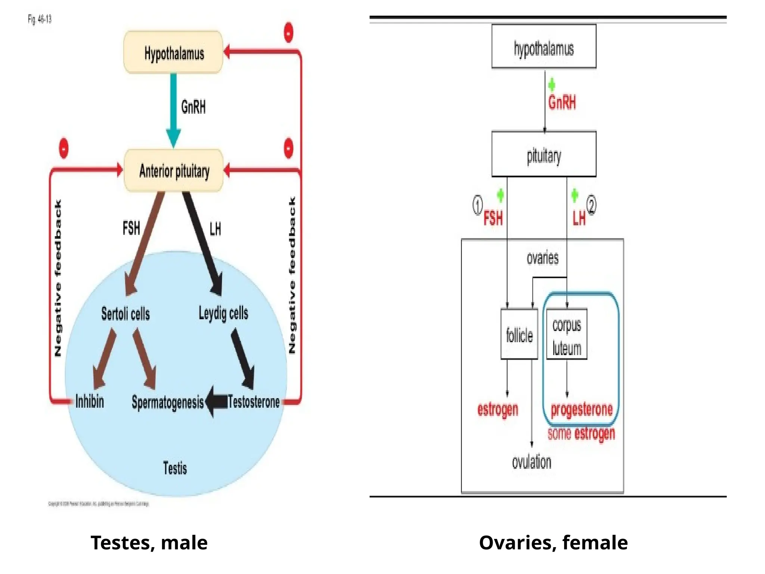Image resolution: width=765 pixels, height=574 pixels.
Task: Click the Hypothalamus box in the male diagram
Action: pos(173,53)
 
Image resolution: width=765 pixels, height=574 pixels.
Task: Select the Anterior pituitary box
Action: pos(174,171)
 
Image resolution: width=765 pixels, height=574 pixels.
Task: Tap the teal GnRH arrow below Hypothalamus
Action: pos(173,108)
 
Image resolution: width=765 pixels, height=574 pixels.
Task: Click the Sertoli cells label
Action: pos(126,314)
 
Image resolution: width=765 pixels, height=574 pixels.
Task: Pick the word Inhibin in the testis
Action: pos(90,401)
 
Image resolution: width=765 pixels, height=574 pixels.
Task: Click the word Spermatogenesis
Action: pos(168,402)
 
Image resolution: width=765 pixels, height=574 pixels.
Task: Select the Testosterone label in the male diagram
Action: pos(254,402)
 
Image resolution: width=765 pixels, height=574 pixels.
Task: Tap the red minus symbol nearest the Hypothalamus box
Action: pos(288,33)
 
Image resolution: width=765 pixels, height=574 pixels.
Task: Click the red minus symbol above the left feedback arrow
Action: pos(64,148)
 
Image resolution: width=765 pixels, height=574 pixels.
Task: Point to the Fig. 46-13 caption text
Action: pos(40,19)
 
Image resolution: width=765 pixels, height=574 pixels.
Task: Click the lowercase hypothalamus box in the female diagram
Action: pos(543,47)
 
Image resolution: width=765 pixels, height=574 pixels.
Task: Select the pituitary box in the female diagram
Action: pos(543,154)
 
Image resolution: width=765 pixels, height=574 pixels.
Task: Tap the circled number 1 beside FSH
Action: pos(477,205)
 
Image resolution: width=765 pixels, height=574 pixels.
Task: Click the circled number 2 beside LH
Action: pos(591,205)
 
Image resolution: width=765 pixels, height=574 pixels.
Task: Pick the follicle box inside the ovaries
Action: pos(519,334)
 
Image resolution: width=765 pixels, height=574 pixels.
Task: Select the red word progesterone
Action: pos(582,410)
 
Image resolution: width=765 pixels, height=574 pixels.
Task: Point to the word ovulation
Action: pos(532,462)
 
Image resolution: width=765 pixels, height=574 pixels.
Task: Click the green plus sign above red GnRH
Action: pos(551,85)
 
